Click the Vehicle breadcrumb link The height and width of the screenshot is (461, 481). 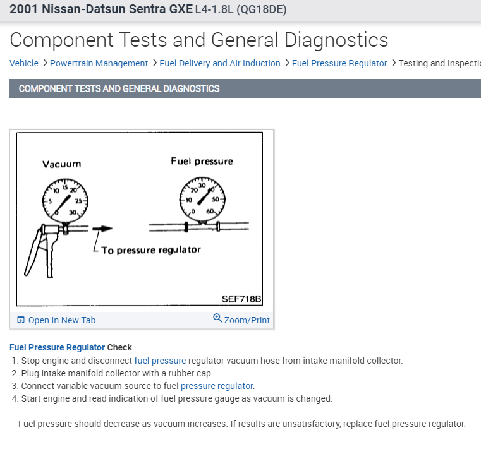[x=24, y=63]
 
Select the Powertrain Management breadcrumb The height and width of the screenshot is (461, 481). [x=99, y=63]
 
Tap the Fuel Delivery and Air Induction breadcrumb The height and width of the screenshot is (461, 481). [x=220, y=63]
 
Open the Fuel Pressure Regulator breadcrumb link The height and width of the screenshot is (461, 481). [x=339, y=63]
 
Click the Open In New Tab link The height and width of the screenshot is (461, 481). [x=62, y=320]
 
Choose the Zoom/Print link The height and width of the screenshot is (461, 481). [x=247, y=320]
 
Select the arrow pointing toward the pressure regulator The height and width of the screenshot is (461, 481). [x=102, y=229]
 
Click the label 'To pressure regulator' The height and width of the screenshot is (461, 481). [x=150, y=250]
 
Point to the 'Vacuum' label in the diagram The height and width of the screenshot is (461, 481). [x=62, y=164]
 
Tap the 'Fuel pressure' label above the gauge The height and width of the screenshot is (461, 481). [x=202, y=161]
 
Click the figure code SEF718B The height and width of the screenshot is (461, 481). [x=241, y=299]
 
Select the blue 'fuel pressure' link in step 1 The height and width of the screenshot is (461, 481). [x=160, y=361]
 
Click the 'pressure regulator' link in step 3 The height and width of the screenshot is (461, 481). [x=217, y=386]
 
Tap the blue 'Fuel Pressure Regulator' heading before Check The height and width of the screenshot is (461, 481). [x=57, y=347]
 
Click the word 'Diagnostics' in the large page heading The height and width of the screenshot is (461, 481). [x=336, y=40]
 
